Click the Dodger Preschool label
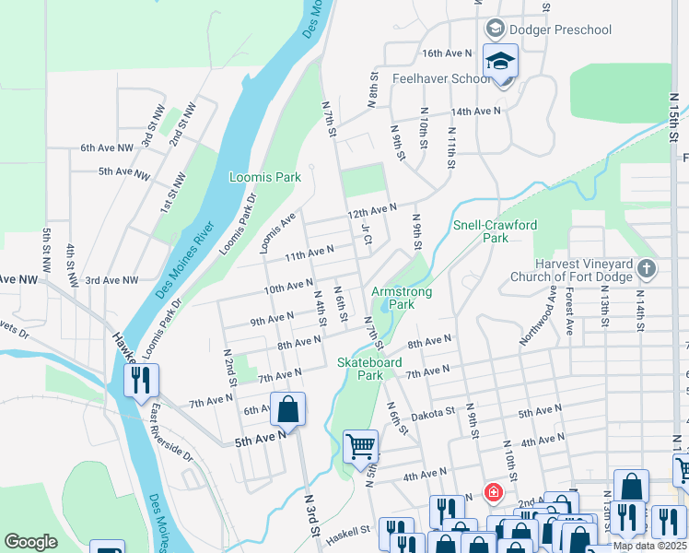click(560, 29)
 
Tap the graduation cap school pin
click(500, 61)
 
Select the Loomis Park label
click(265, 177)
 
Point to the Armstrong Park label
click(402, 297)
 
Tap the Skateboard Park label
click(369, 369)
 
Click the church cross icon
click(647, 269)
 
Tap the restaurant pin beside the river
click(141, 379)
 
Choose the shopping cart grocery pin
click(360, 447)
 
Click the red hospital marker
click(494, 491)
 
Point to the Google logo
click(30, 542)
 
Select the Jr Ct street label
click(366, 234)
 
